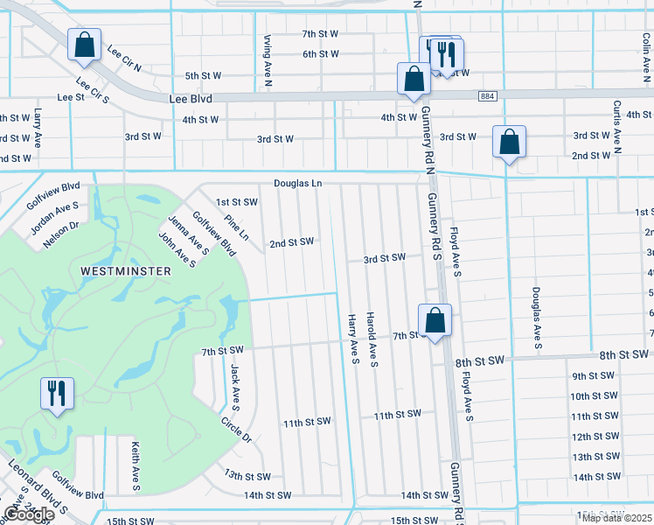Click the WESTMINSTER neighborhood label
click(x=125, y=271)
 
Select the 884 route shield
click(x=488, y=95)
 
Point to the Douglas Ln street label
click(x=297, y=184)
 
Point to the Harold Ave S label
click(x=372, y=339)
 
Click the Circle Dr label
click(x=235, y=427)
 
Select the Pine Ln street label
click(x=236, y=229)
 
